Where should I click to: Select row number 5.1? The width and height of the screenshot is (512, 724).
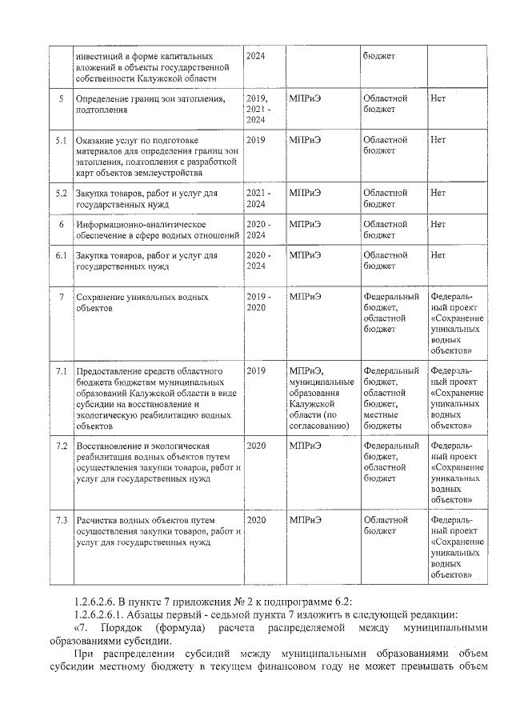point(61,140)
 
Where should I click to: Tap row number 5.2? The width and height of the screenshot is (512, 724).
point(61,194)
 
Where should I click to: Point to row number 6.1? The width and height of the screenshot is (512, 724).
point(61,256)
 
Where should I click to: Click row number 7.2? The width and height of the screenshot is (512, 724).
point(61,445)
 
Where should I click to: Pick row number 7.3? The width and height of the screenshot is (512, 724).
point(61,520)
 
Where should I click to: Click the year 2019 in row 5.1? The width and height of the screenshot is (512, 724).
point(256,140)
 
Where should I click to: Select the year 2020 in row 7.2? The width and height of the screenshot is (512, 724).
point(256,445)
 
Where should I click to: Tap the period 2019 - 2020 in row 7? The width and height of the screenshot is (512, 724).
point(258,302)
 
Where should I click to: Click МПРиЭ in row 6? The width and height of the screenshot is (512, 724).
point(306,225)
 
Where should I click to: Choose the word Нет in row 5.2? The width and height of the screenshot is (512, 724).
point(438,194)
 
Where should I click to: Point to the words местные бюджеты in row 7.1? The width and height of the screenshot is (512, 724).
point(385,421)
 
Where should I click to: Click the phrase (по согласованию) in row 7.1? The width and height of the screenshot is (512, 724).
point(319,421)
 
